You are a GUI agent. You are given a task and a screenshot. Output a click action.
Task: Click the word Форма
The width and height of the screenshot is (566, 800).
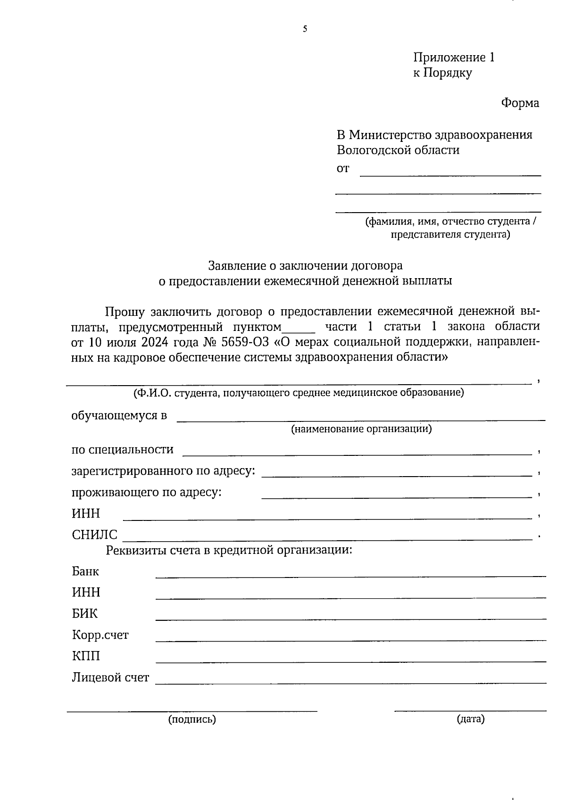coord(520,103)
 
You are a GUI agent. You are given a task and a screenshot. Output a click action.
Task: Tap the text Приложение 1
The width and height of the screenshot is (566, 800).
coord(454,58)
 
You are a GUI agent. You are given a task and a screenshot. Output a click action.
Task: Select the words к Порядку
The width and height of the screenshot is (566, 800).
coord(442,73)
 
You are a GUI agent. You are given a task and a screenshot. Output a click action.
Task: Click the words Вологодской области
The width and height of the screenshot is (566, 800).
coord(398,150)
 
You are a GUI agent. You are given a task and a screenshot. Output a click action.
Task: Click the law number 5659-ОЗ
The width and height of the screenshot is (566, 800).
coord(248,341)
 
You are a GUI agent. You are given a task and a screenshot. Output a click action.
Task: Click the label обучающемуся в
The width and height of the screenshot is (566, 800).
coord(119,416)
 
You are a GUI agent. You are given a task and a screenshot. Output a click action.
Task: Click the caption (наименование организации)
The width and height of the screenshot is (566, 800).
coord(361,429)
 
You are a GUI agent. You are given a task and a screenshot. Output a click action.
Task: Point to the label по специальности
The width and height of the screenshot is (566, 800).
coord(122,450)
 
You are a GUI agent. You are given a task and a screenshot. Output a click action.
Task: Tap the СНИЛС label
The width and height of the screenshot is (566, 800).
coord(94,535)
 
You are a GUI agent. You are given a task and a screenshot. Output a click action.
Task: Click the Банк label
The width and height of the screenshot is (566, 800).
coord(85,572)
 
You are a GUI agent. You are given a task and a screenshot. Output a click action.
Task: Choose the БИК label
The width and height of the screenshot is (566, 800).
coord(85,614)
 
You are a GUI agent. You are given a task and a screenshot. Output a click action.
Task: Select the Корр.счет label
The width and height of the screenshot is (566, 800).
coord(100,635)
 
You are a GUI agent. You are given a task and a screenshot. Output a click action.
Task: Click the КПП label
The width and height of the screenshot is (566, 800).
coord(86,656)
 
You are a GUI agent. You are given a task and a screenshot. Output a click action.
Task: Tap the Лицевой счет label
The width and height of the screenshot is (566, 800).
coord(110,678)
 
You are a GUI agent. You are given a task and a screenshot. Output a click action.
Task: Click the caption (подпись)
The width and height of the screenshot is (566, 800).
coord(192,719)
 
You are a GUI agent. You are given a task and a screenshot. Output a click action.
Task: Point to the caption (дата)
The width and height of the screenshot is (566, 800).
coord(470,719)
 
